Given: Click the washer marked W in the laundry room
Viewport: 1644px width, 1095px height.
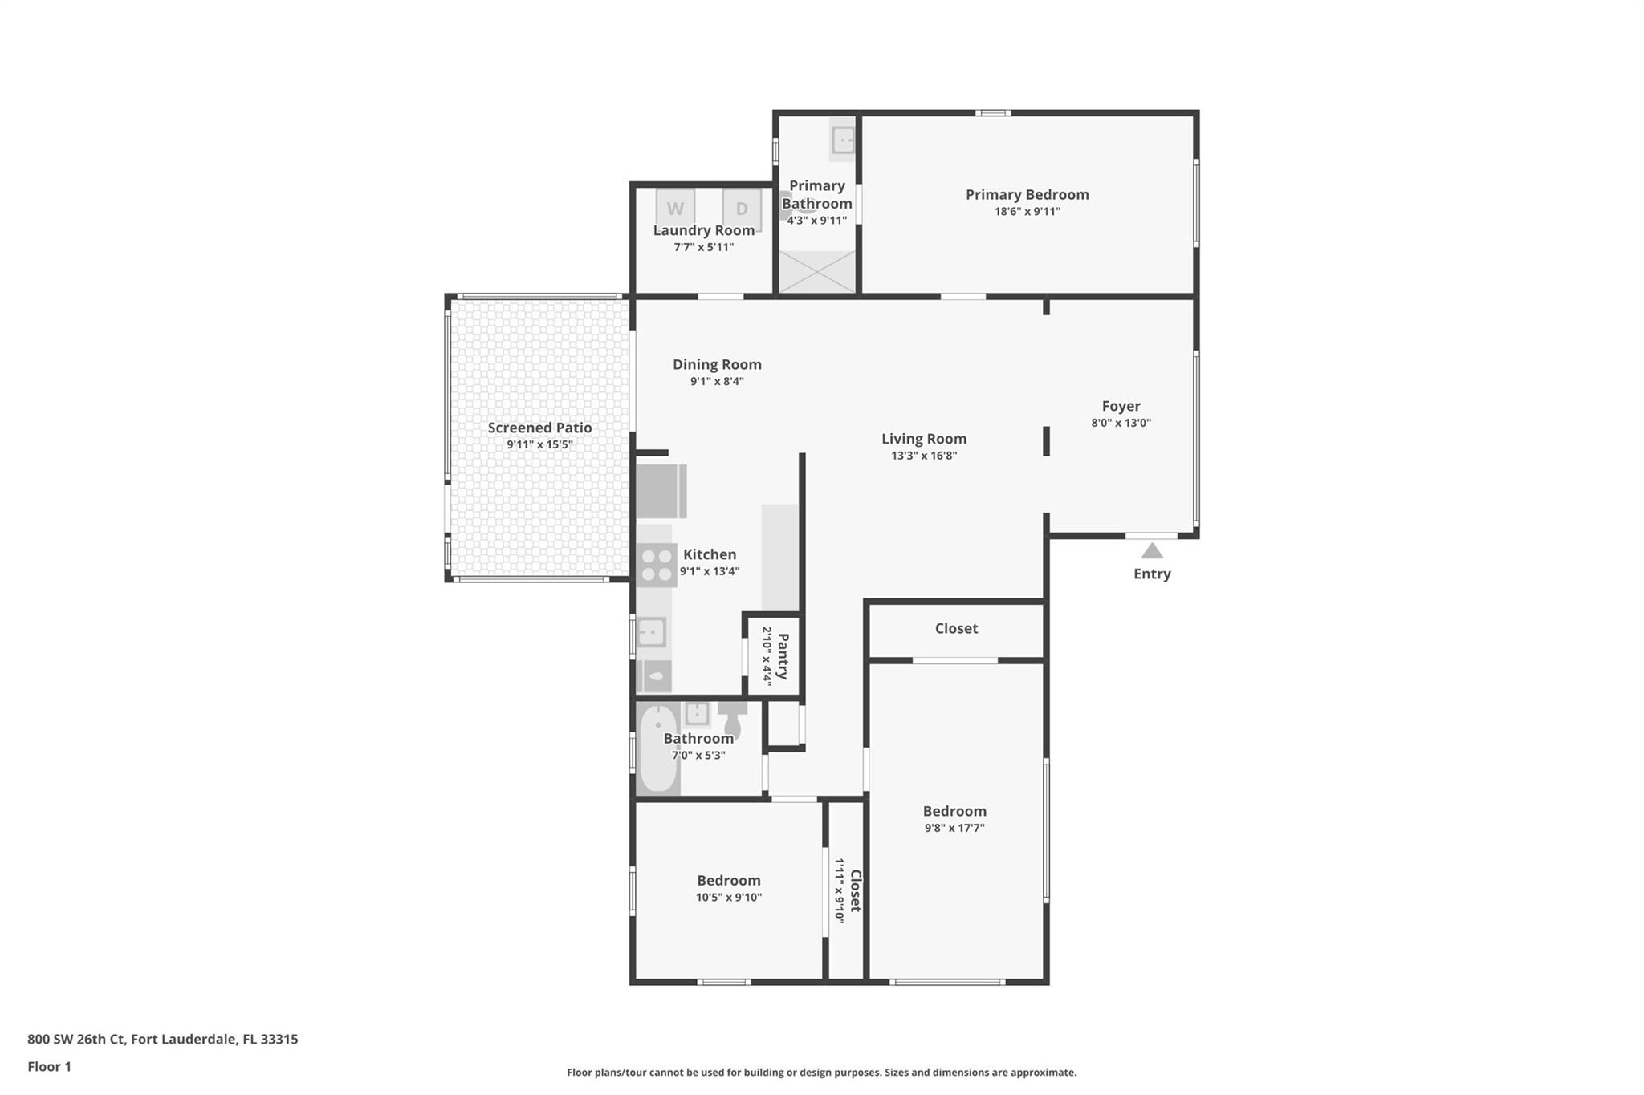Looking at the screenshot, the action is pyautogui.click(x=675, y=208).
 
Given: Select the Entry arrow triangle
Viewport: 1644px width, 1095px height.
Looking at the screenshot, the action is pyautogui.click(x=1152, y=550).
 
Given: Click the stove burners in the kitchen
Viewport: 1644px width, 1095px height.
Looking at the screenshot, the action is pyautogui.click(x=657, y=565).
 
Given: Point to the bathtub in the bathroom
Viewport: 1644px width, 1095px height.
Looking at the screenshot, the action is pyautogui.click(x=658, y=749).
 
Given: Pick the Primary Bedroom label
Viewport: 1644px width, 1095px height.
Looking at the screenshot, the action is pyautogui.click(x=1027, y=194).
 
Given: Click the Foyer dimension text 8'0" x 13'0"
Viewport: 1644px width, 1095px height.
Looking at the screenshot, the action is pyautogui.click(x=1121, y=423).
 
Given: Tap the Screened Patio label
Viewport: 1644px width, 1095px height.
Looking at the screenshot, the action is pyautogui.click(x=539, y=428).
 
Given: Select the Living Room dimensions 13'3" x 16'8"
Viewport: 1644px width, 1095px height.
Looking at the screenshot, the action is pyautogui.click(x=924, y=456).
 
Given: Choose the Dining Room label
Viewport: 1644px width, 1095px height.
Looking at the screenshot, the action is pyautogui.click(x=717, y=364).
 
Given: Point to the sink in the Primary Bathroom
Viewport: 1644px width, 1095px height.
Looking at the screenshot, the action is pyautogui.click(x=843, y=140).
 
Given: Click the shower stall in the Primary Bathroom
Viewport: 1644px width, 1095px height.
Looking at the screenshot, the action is pyautogui.click(x=817, y=271).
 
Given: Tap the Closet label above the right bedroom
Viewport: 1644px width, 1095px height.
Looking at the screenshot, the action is pyautogui.click(x=956, y=628).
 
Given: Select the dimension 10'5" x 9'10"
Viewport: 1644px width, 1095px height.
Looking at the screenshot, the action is pyautogui.click(x=728, y=898).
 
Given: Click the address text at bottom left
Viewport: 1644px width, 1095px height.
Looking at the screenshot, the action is pyautogui.click(x=163, y=1039).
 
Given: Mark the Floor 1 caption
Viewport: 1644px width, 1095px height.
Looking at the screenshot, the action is pyautogui.click(x=49, y=1066).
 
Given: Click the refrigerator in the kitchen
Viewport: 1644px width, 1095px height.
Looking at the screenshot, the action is pyautogui.click(x=661, y=491).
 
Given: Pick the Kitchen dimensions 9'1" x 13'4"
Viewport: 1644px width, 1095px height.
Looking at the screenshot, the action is pyautogui.click(x=710, y=571).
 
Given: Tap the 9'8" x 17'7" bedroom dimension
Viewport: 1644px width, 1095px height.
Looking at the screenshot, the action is pyautogui.click(x=954, y=828).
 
